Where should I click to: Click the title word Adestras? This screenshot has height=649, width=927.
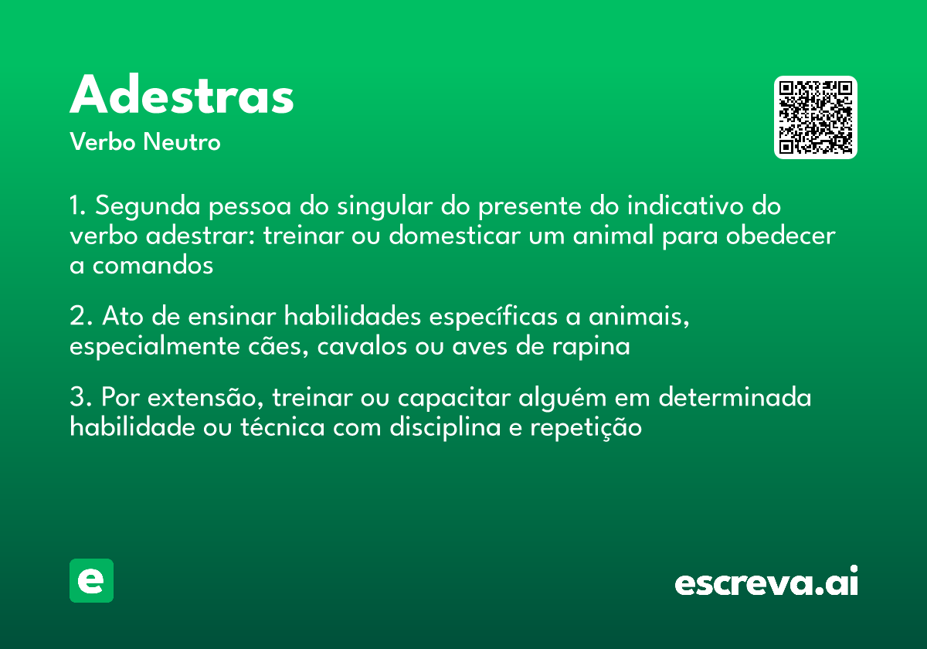coord(182,97)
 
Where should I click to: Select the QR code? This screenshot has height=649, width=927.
coord(816,117)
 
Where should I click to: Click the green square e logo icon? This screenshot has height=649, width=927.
coord(91,580)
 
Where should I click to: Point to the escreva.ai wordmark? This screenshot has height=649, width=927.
coord(766,583)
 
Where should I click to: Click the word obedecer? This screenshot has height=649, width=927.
coord(781,236)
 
